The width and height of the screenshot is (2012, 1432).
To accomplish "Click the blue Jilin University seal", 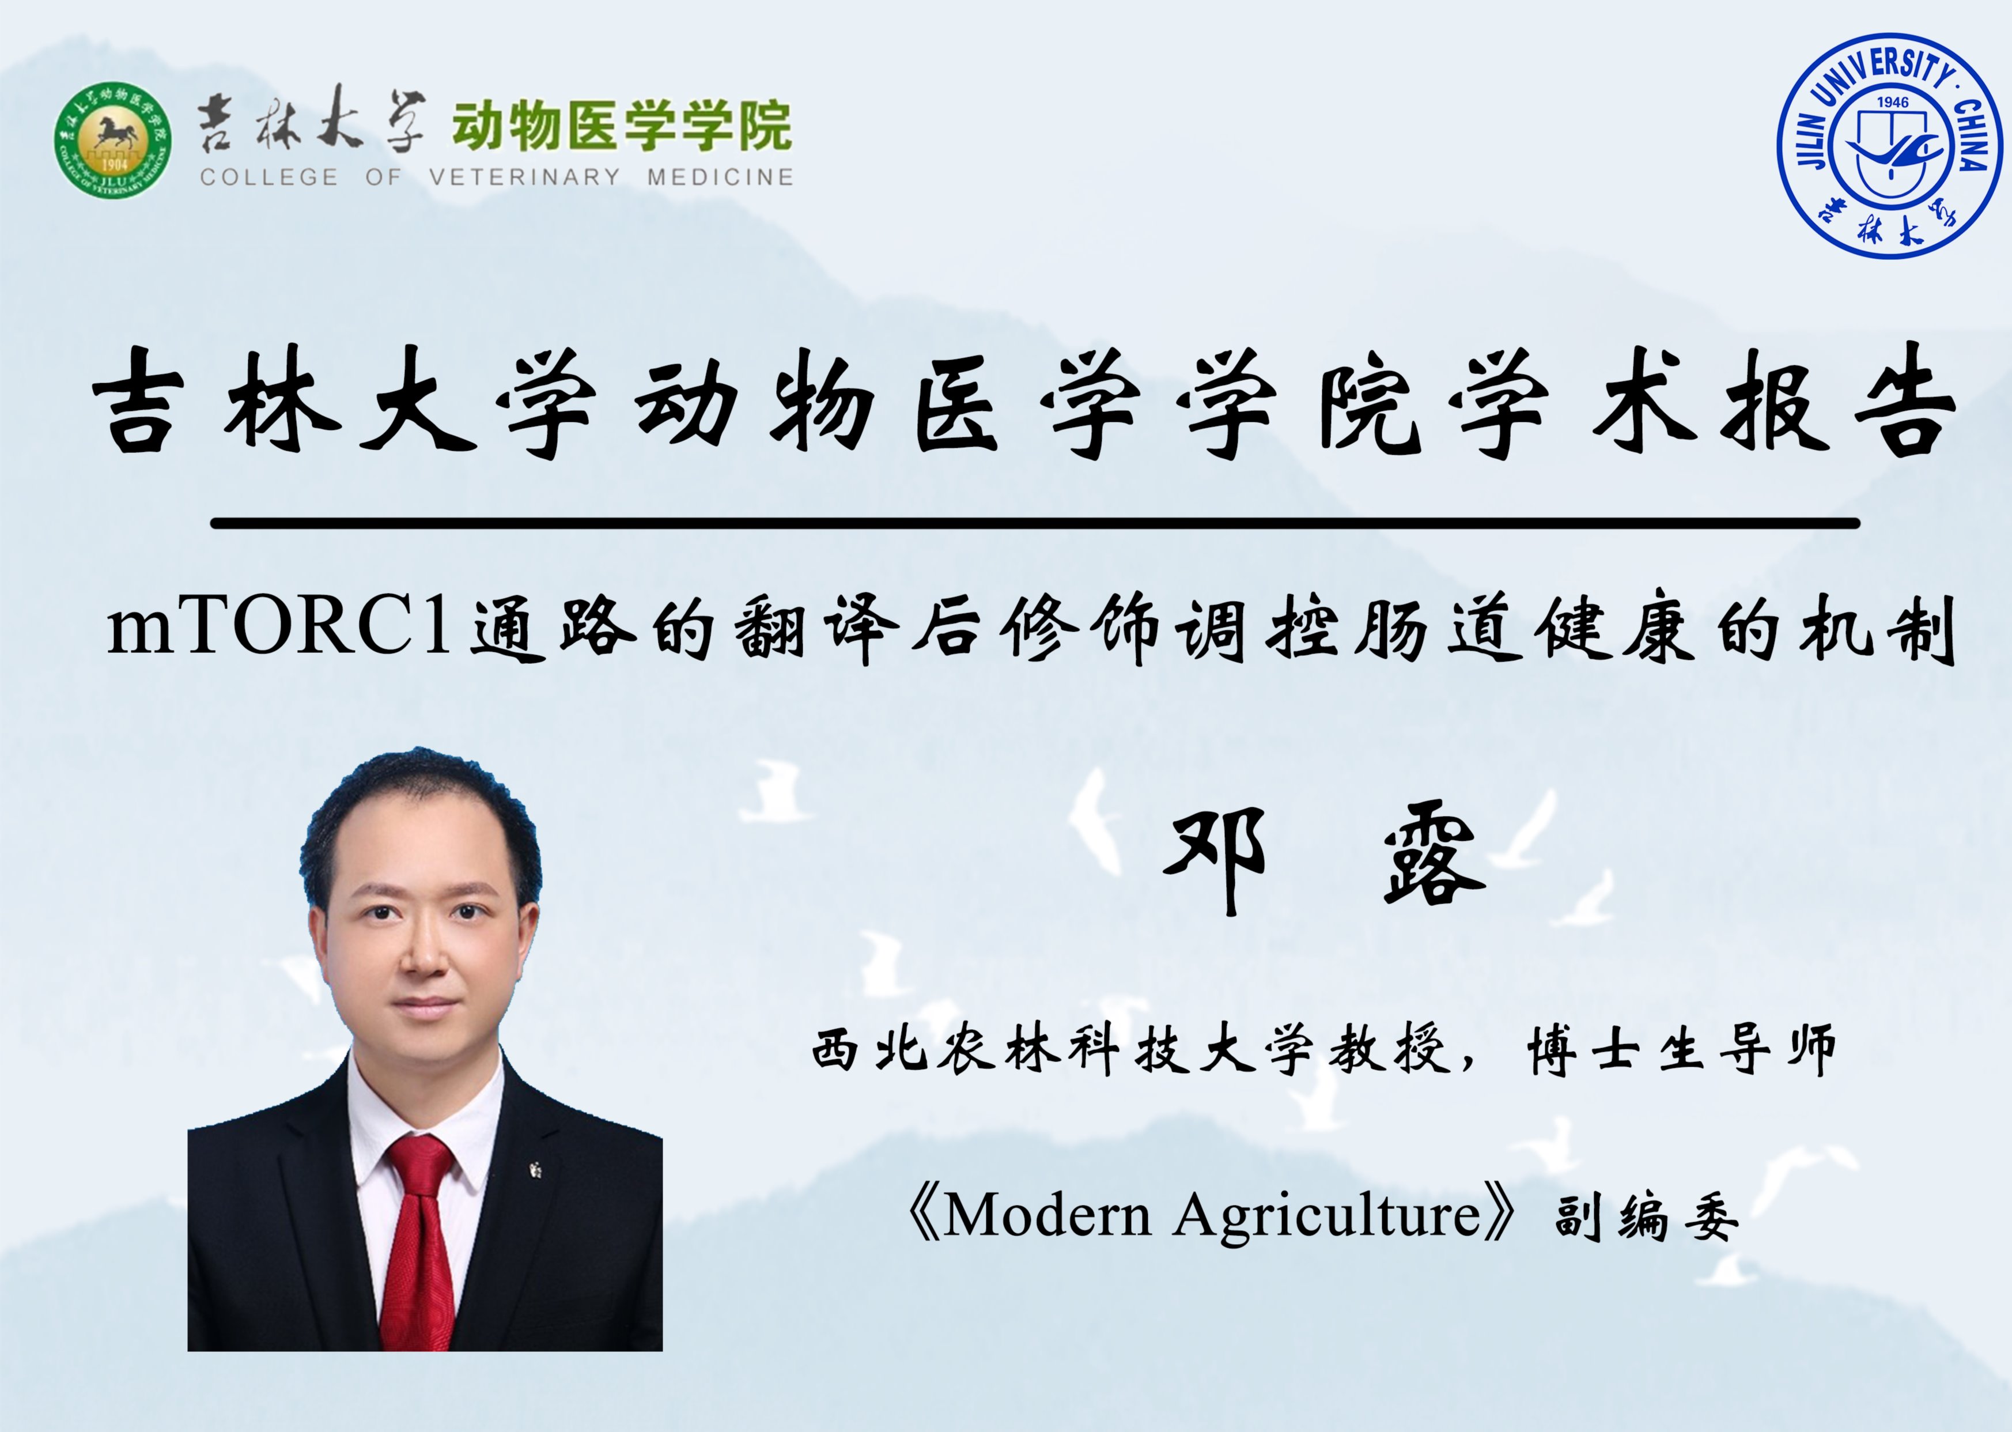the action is point(1889,145).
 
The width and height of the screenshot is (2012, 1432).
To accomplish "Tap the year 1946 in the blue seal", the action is point(1892,103).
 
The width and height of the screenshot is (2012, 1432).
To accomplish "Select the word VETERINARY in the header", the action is point(524,177).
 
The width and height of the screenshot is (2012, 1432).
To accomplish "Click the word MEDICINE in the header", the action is point(720,177).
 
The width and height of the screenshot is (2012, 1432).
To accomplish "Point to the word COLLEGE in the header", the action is point(269,177).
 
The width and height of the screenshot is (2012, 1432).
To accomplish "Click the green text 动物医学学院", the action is point(622,126).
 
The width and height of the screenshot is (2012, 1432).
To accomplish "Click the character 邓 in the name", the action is point(1215,860).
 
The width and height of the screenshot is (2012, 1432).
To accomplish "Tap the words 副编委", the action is point(1646,1218).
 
